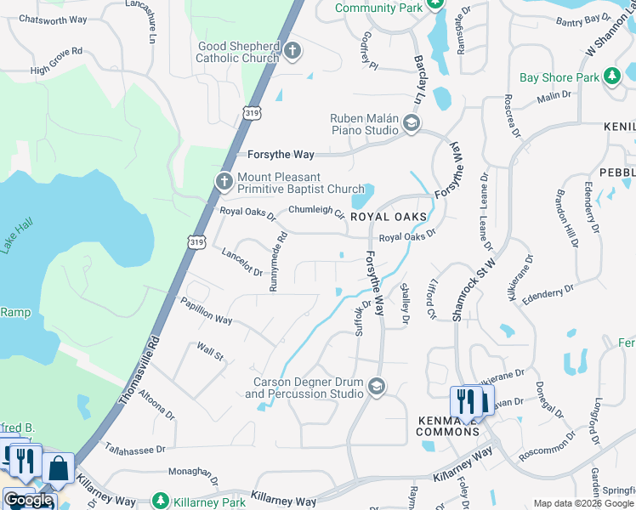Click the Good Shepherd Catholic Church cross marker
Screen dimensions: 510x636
click(292, 50)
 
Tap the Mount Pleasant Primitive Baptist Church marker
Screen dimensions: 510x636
click(224, 181)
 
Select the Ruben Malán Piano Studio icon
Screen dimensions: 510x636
click(412, 125)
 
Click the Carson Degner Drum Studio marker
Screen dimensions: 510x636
click(375, 388)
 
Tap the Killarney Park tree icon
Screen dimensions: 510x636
click(160, 501)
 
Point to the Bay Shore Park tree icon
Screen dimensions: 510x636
click(611, 77)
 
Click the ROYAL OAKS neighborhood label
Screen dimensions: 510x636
click(388, 218)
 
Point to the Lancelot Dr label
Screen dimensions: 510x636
click(242, 262)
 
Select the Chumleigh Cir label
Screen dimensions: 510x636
click(316, 210)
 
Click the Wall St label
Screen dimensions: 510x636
click(209, 351)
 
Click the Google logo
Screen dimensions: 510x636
click(27, 500)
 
